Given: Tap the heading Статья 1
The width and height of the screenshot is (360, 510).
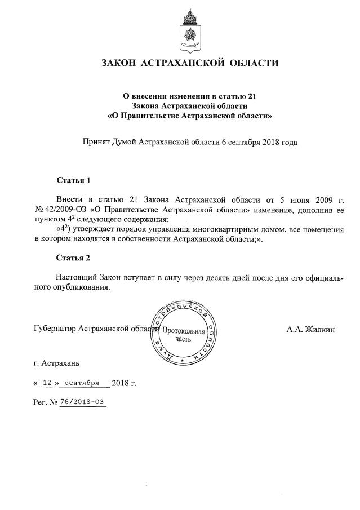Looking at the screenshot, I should click(73, 180).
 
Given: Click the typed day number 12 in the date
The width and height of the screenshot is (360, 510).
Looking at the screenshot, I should click(47, 383).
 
